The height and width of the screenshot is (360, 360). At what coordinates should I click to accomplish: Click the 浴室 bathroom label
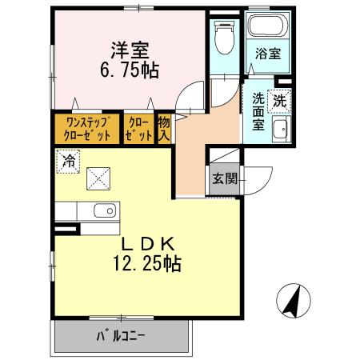pyautogui.click(x=268, y=55)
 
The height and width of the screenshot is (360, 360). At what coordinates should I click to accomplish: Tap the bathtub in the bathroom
pyautogui.click(x=267, y=26)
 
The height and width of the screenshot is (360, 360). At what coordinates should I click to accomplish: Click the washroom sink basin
pyautogui.click(x=280, y=133)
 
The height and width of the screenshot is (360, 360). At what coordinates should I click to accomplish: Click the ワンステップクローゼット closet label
pyautogui.click(x=88, y=128)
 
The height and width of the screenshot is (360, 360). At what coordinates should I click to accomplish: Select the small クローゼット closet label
pyautogui.click(x=138, y=128)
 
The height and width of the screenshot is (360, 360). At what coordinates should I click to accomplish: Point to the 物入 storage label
pyautogui.click(x=163, y=128)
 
